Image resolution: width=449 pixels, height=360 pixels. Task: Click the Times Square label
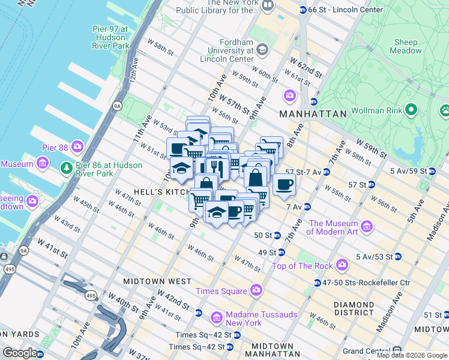(x=221, y=291)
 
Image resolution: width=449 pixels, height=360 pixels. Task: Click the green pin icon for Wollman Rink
(x=411, y=110)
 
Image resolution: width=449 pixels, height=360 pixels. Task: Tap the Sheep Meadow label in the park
(x=406, y=46)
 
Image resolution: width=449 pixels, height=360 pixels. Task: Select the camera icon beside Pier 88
(x=77, y=146)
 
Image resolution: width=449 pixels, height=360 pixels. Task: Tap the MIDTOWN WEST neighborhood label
(x=157, y=281)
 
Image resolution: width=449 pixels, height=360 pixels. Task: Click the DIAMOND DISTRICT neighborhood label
(x=354, y=308)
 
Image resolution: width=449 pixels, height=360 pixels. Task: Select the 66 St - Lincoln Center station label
(x=340, y=10)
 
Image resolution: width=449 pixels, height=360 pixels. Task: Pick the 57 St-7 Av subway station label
(x=303, y=172)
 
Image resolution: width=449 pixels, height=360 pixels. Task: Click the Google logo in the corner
(x=20, y=353)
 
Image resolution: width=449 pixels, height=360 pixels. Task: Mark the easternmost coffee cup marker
(x=284, y=185)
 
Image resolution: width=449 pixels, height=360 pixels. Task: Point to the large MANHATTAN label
(x=312, y=113)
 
